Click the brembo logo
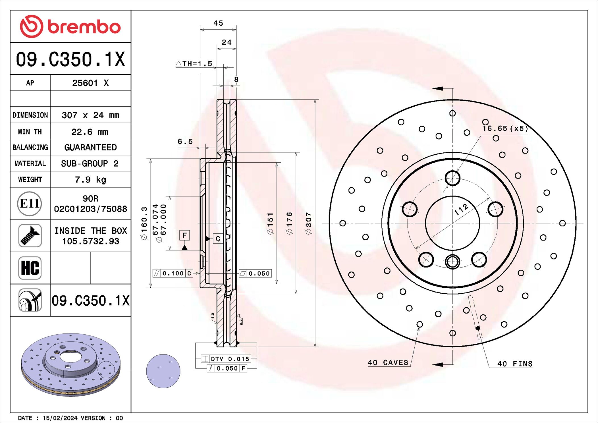pos(70,26)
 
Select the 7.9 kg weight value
pos(90,180)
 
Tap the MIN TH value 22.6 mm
pos(90,132)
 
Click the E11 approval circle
pos(30,204)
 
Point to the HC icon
pos(30,268)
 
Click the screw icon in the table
pos(30,236)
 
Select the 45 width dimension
pos(218,23)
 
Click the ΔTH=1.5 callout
pos(194,64)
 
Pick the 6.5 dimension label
pos(185,142)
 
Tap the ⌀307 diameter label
pos(308,223)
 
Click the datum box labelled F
pos(184,235)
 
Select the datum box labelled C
pos(218,239)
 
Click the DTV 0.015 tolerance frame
pos(226,359)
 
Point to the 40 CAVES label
pos(388,363)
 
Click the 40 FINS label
pos(515,364)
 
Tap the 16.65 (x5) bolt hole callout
pos(505,128)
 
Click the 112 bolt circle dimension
pos(461,210)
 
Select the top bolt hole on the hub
pos(452,178)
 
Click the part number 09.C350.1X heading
pos(70,59)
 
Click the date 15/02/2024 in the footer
pos(60,418)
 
